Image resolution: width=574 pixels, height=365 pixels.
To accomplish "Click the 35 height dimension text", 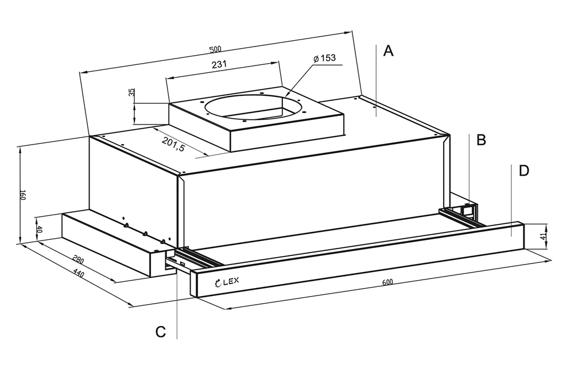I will click(x=131, y=93).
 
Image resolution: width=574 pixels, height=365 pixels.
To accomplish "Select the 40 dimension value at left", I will click(x=40, y=228).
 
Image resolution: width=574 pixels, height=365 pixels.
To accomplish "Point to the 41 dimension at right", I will click(x=544, y=236).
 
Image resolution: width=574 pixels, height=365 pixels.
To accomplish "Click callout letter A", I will click(x=389, y=52).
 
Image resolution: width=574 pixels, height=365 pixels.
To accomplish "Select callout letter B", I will click(x=482, y=139).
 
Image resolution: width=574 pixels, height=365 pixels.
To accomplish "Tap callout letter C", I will click(x=161, y=331).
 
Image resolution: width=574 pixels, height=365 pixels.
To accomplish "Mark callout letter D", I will click(x=523, y=170).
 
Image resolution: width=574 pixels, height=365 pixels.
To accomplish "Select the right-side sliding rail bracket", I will click(x=462, y=212).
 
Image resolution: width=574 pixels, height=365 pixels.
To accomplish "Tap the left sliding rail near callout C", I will click(x=187, y=259).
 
